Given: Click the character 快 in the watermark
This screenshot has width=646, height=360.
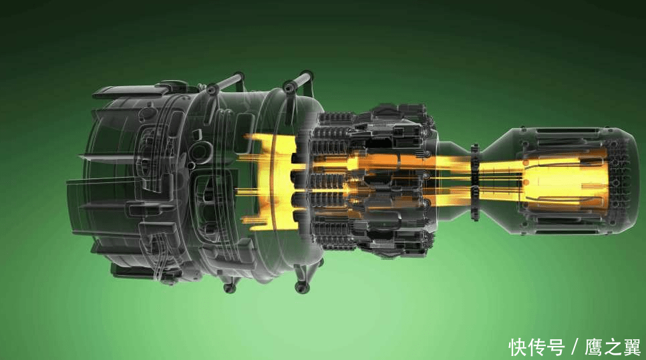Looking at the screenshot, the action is click(x=518, y=347).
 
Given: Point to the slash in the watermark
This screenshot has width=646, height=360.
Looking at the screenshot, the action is click(x=575, y=347).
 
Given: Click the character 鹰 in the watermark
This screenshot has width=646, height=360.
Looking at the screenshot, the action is click(x=594, y=347).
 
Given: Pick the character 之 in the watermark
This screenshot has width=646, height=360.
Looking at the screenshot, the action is click(x=613, y=347).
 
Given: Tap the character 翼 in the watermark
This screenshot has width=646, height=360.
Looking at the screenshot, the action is click(x=631, y=347).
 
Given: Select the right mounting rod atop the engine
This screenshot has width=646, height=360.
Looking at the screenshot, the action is click(x=298, y=80).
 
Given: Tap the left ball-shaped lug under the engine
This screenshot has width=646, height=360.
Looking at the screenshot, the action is click(x=229, y=287).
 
